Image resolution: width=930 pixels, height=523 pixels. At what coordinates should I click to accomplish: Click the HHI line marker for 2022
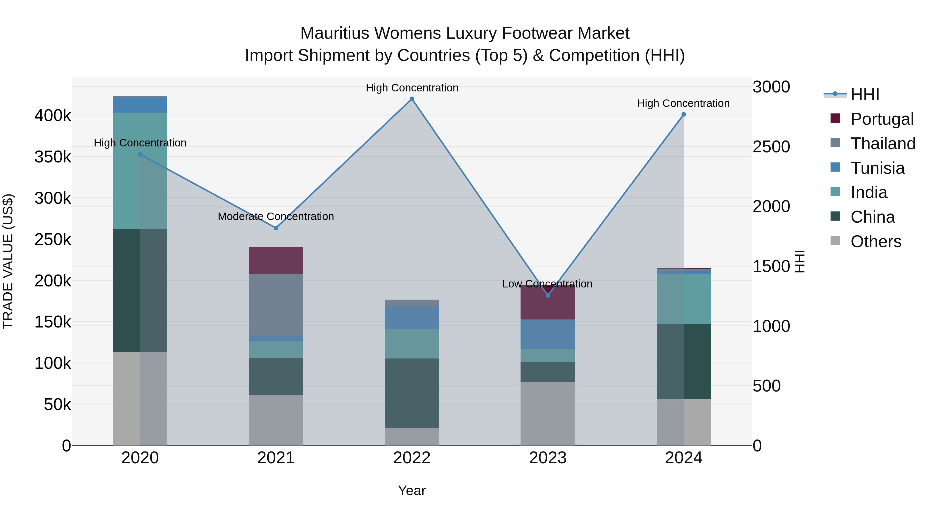click(x=412, y=99)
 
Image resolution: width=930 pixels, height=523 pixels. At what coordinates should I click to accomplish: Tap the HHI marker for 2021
click(x=276, y=228)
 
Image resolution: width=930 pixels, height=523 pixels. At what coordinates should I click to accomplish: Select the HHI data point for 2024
click(x=683, y=114)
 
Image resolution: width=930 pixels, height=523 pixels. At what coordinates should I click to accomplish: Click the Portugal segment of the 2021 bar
click(x=276, y=260)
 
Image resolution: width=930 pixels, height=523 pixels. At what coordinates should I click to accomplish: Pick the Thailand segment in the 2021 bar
click(x=276, y=305)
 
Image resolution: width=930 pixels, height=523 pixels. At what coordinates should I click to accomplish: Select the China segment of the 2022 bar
click(x=412, y=393)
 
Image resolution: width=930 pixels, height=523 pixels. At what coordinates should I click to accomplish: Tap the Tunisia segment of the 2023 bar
click(x=547, y=334)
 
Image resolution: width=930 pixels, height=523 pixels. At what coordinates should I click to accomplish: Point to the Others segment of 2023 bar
click(x=547, y=414)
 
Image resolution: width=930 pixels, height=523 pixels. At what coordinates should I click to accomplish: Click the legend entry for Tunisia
click(x=877, y=168)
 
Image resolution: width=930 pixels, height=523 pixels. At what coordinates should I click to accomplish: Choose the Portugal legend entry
click(x=882, y=119)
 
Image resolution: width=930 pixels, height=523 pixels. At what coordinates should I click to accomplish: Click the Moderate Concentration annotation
click(x=276, y=217)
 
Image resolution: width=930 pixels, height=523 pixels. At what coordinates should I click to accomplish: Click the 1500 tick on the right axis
click(x=771, y=266)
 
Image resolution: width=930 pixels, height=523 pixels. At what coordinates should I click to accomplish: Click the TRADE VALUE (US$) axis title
click(x=8, y=261)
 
